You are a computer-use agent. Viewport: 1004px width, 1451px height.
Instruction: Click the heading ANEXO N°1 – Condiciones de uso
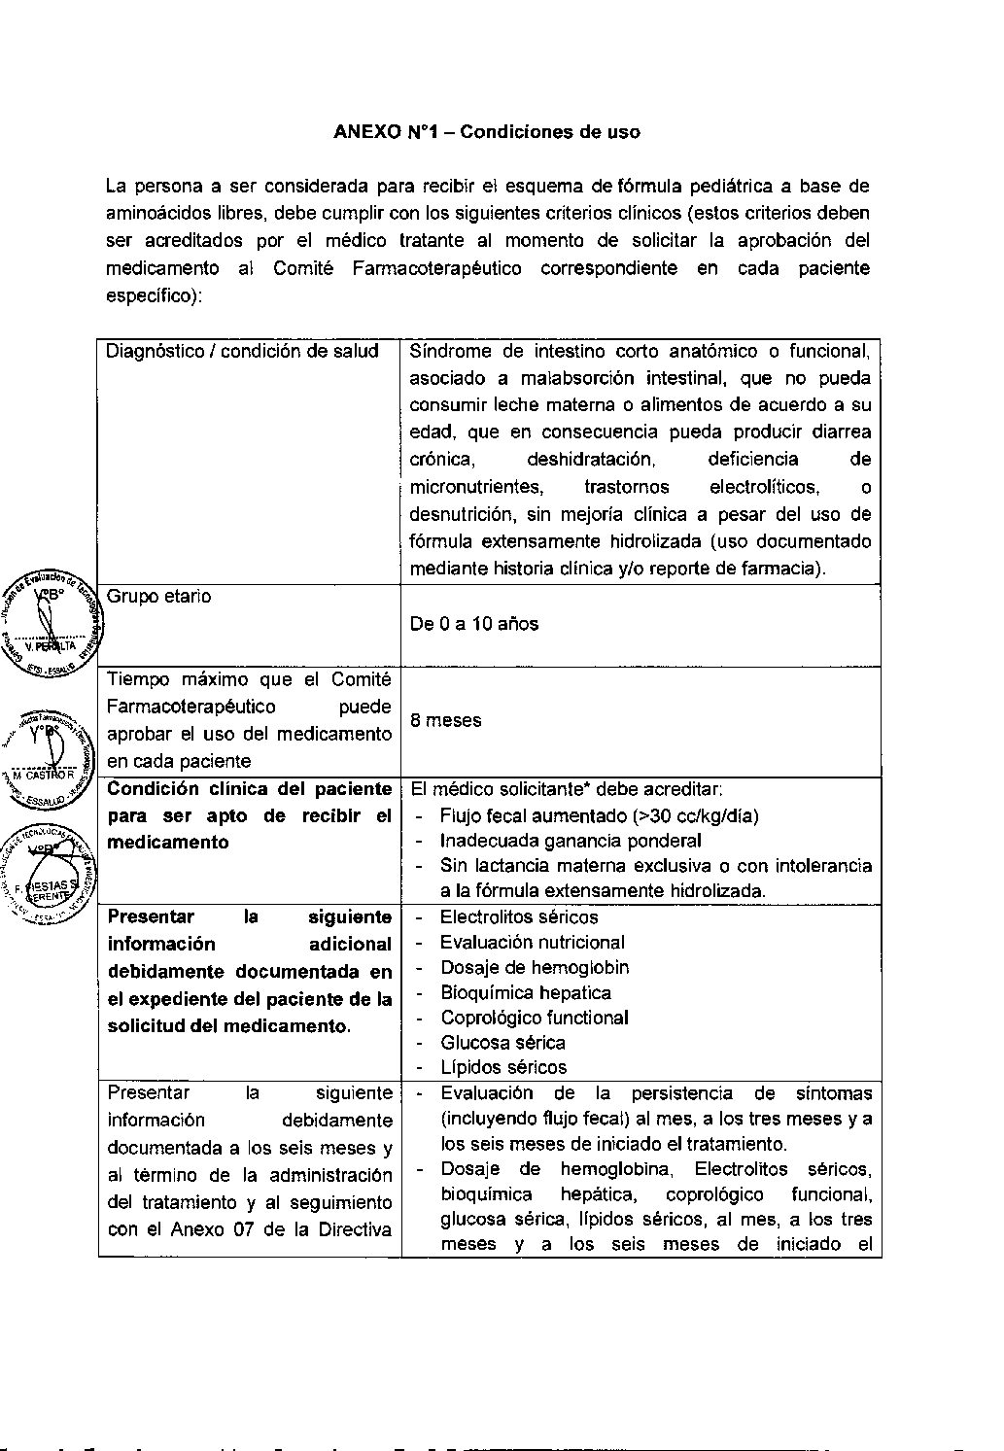coord(486,131)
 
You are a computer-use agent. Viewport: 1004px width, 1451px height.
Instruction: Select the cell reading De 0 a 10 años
coord(473,624)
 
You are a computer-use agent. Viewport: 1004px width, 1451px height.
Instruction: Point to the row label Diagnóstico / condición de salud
coord(242,351)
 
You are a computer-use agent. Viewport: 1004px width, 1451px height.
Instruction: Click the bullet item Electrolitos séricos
coord(519,916)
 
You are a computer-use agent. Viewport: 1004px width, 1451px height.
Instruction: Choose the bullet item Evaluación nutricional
coord(532,942)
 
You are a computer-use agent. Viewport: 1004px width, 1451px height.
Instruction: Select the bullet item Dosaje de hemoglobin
coord(534,967)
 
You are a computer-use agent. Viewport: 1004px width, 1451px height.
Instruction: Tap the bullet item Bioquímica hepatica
coord(525,992)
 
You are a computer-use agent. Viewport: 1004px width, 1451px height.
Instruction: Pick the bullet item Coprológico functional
coord(534,1018)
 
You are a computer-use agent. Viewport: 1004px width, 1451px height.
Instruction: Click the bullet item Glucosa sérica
coord(502,1042)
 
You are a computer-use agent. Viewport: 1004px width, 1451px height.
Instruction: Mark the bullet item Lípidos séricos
coord(502,1067)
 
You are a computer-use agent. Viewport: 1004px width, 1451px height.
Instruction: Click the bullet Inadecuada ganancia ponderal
coord(571,841)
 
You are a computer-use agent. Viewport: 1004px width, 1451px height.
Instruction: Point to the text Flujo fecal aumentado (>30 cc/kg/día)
coord(599,815)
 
